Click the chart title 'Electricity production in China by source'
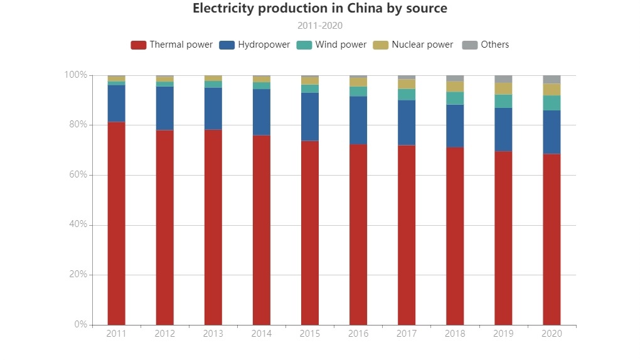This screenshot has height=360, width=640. [320, 9]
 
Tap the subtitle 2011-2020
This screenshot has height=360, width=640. [320, 26]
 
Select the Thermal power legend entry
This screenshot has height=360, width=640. [172, 45]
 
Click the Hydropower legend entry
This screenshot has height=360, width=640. [255, 45]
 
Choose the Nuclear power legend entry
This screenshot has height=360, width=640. [413, 45]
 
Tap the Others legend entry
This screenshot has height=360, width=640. [486, 45]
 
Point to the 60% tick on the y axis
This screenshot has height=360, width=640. [78, 175]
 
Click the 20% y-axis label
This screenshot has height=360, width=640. [78, 275]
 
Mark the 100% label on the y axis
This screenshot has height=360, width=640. [76, 75]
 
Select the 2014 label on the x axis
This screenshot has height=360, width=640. [262, 334]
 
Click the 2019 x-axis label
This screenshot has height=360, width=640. [503, 334]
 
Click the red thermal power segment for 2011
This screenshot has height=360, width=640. [116, 223]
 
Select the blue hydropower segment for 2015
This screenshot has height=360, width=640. [310, 117]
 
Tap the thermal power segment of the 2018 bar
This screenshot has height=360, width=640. [455, 236]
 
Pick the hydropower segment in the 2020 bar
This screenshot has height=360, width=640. [552, 132]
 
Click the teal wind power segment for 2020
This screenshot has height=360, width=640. [552, 103]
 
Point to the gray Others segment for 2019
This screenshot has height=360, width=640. [503, 79]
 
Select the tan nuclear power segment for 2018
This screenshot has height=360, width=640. [455, 87]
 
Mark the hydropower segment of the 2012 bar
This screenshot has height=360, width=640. [164, 108]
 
